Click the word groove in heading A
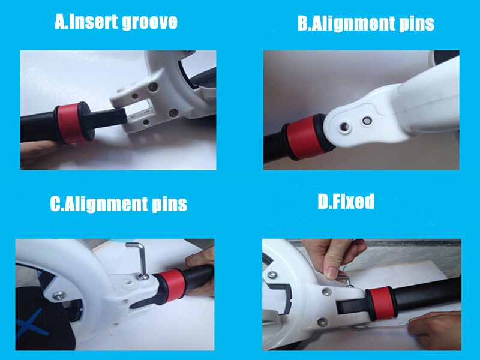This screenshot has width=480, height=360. (x=149, y=22)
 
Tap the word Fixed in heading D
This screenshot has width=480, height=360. (x=353, y=201)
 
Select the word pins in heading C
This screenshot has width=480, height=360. (x=170, y=204)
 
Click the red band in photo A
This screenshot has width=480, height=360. (x=70, y=123)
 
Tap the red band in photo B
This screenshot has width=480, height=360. (x=305, y=137)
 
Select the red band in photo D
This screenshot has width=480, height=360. (x=382, y=304)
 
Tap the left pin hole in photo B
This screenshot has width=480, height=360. (x=344, y=127)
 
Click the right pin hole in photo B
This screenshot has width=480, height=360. (x=367, y=121)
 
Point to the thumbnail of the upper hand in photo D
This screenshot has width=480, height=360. (x=332, y=272)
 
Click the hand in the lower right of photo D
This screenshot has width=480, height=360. (x=436, y=330)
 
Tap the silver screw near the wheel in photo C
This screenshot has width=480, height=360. (x=59, y=296)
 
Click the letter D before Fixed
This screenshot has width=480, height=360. (x=323, y=202)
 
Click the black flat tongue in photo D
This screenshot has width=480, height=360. (x=352, y=307)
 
